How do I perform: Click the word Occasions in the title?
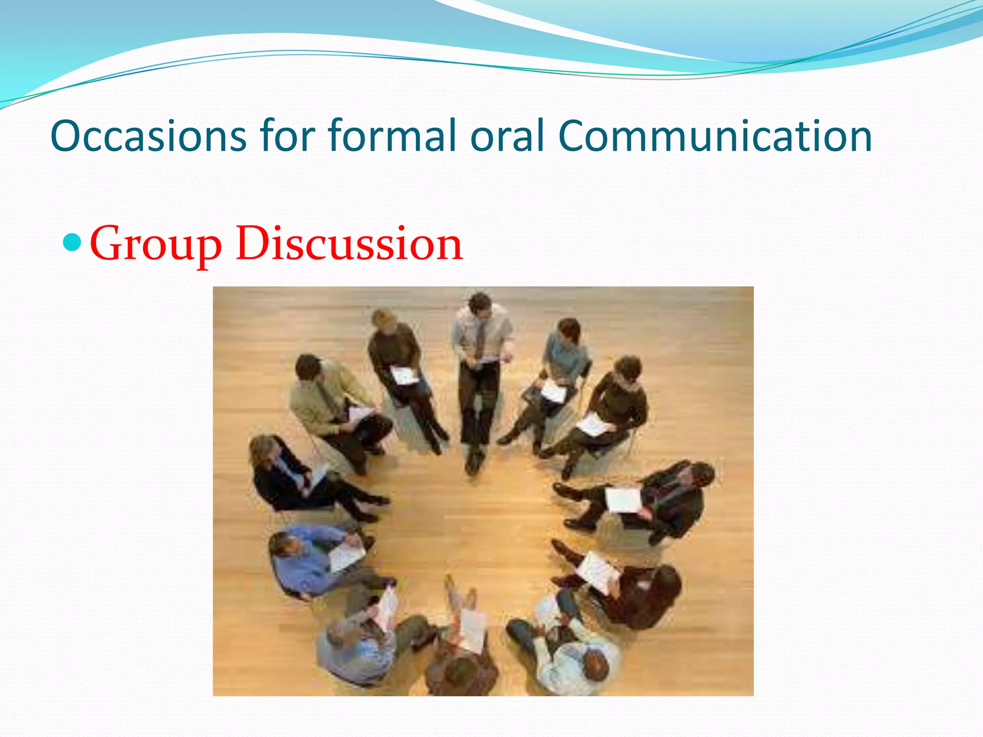click(x=148, y=136)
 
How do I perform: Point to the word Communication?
click(x=715, y=136)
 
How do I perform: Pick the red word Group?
click(x=156, y=245)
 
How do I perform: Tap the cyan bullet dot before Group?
click(x=72, y=241)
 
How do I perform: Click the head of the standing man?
click(x=480, y=304)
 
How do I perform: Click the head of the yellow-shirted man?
click(x=308, y=368)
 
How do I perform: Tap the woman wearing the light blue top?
click(x=565, y=351)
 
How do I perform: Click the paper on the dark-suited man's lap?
click(x=623, y=499)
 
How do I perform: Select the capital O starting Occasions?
click(x=67, y=136)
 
